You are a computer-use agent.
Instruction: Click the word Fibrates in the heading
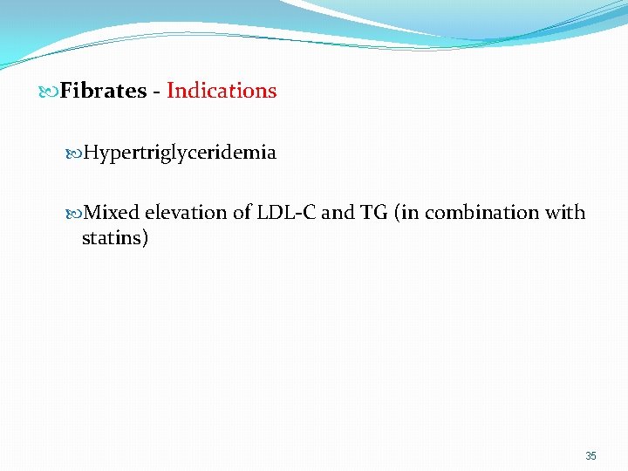pyautogui.click(x=103, y=91)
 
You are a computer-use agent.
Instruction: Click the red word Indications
pyautogui.click(x=222, y=91)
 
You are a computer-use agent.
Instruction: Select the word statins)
pyautogui.click(x=114, y=237)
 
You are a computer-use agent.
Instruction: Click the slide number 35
pyautogui.click(x=590, y=456)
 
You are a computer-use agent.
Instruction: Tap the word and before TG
pyautogui.click(x=338, y=213)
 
